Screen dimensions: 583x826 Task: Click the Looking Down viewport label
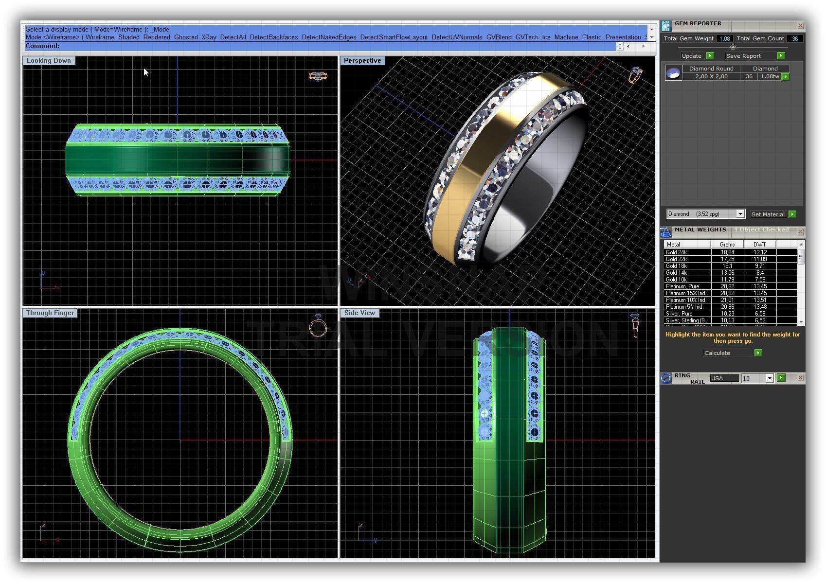coord(49,61)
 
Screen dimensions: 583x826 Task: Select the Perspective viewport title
coord(362,61)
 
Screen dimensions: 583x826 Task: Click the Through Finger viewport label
coord(50,313)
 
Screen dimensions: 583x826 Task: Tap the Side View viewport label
coord(359,313)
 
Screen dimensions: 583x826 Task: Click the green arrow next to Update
coord(710,56)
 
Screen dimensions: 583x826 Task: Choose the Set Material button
coord(768,214)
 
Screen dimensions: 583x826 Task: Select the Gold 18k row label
coord(677,266)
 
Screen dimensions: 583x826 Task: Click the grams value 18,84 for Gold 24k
coord(727,252)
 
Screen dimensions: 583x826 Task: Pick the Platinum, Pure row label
coord(682,286)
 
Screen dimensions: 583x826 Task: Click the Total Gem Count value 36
coord(794,39)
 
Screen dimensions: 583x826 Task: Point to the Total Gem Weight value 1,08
coord(724,39)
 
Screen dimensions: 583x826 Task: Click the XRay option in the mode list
coord(209,37)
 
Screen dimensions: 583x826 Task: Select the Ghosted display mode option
coord(186,37)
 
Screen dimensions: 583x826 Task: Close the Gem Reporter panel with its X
coord(800,25)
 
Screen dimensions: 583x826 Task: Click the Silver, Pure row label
coord(679,314)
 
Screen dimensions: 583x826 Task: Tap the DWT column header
coord(759,245)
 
